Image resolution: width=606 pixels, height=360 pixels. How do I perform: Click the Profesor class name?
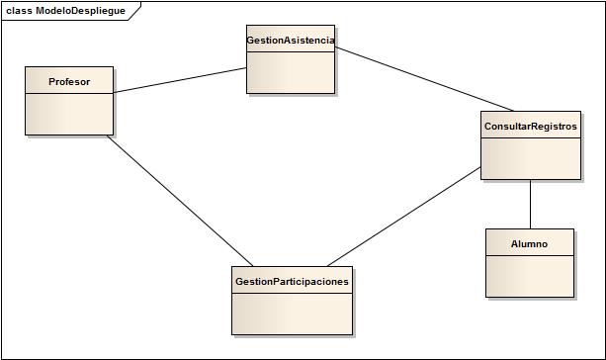tap(69, 82)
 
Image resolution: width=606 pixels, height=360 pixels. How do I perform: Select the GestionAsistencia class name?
tap(290, 41)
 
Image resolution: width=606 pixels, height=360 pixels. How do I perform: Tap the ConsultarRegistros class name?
tap(530, 128)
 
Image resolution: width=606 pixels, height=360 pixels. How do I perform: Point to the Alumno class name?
tap(529, 243)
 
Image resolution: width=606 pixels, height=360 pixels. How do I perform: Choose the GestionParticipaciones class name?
tap(292, 282)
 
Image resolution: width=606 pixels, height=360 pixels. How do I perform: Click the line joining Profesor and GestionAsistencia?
tap(180, 81)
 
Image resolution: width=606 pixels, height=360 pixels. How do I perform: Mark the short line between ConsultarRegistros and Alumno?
tap(531, 204)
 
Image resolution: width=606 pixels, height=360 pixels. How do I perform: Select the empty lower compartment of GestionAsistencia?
tap(290, 72)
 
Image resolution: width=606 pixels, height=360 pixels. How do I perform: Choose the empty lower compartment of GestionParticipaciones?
tap(292, 315)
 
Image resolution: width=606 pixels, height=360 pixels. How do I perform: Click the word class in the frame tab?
tap(19, 11)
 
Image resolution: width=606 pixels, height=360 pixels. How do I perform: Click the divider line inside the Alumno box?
tap(529, 256)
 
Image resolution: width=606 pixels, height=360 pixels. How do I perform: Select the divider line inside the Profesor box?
tap(69, 94)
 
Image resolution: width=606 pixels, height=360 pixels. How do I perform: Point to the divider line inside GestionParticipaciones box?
tap(292, 295)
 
